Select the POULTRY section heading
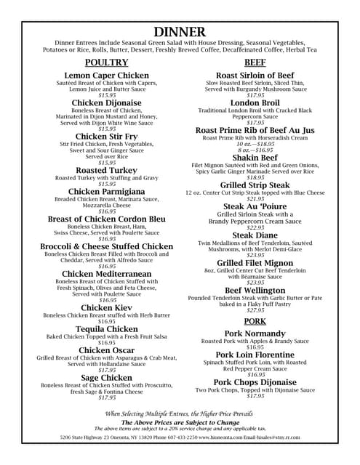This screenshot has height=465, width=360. tap(107, 62)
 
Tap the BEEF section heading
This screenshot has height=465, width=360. tap(255, 62)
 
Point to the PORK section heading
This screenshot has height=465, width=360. tap(255, 320)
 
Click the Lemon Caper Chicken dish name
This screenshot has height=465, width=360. tap(107, 76)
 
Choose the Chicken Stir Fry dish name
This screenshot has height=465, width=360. tap(107, 137)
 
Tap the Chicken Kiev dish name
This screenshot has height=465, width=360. tap(107, 308)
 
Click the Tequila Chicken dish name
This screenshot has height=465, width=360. tap(107, 329)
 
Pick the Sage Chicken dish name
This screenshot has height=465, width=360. tap(107, 378)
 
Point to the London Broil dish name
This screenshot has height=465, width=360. tap(255, 102)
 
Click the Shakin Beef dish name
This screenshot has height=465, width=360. tap(255, 157)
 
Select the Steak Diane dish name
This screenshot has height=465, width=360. tap(255, 235)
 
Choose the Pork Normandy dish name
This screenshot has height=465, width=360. tap(255, 333)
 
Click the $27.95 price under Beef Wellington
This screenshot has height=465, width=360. tap(255, 310)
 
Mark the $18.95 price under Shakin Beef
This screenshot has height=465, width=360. tap(255, 177)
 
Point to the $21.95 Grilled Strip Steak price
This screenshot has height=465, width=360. tap(255, 198)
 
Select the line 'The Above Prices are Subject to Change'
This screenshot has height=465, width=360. tap(180, 422)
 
